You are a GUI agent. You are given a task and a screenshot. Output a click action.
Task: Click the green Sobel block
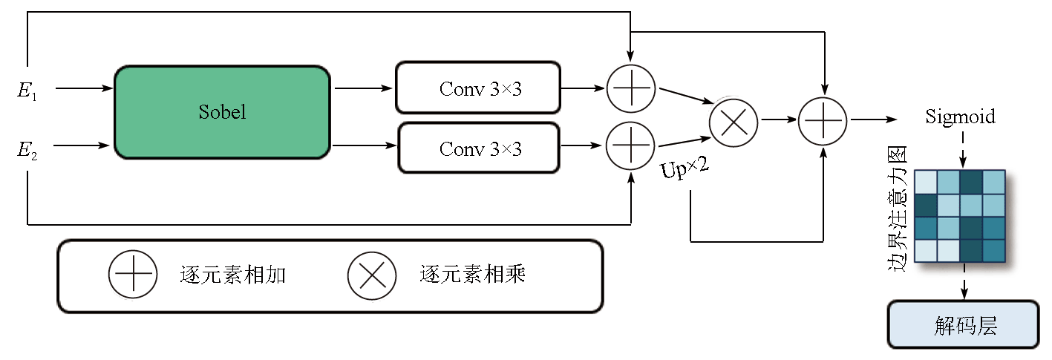[222, 112]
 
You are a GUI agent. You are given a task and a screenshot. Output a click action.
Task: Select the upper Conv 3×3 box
[478, 88]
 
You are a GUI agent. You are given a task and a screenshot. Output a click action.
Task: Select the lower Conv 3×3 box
[479, 148]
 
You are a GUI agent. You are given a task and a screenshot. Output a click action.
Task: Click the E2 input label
[27, 151]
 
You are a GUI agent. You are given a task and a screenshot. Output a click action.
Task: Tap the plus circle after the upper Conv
[630, 88]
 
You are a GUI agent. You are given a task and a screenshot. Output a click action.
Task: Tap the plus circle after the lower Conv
[630, 145]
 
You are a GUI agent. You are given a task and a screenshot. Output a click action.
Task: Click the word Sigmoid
[960, 117]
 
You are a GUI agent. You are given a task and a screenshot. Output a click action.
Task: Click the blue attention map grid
[959, 216]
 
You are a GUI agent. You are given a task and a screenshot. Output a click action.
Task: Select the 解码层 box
[963, 324]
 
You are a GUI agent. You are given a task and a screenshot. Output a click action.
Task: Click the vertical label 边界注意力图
[898, 209]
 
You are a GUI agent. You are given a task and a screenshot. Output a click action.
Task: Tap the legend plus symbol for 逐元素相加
[133, 275]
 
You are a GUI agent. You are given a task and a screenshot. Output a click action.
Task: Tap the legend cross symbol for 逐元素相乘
[371, 275]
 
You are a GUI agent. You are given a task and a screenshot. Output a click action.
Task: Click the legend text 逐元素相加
[233, 275]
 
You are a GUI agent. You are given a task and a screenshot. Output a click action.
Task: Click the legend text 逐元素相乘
[472, 275]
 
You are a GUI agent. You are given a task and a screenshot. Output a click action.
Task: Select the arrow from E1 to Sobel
[83, 89]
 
